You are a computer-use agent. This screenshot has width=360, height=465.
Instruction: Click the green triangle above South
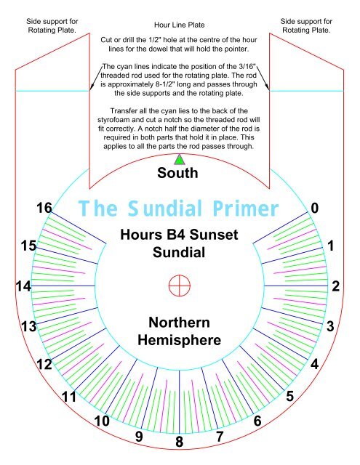coord(179,159)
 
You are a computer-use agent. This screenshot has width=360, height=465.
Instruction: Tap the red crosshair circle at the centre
coord(179,286)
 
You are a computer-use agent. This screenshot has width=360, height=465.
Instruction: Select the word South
coord(177,174)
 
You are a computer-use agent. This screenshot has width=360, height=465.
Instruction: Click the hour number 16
coord(44,209)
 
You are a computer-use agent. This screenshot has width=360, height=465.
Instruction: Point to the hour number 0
coord(315,209)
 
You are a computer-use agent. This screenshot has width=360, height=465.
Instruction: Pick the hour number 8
coord(179,441)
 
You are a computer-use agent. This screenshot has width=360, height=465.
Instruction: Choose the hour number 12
coord(44,365)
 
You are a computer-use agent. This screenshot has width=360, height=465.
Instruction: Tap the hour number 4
coord(315,365)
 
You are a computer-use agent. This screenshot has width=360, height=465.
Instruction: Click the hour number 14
coord(24,286)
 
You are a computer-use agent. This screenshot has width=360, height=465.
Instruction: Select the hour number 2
coord(335,286)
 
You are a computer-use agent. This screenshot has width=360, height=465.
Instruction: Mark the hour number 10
coord(102,421)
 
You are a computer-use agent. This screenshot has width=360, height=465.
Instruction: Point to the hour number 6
coord(257,421)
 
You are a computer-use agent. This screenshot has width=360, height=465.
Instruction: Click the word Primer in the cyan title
coord(241,209)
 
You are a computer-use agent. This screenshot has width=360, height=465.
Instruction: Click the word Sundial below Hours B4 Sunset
coord(179,252)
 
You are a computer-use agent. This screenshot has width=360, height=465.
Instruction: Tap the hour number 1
coord(332,246)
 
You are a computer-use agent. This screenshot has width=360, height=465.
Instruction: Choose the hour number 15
coord(28,246)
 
